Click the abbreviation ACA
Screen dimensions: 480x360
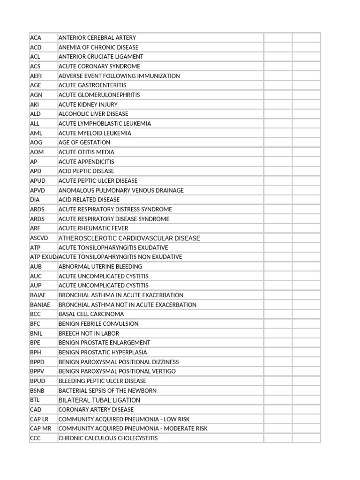(36, 37)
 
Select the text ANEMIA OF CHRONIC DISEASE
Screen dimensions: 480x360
(98, 47)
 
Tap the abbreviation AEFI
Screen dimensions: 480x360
(36, 76)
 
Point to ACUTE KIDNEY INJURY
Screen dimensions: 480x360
(88, 105)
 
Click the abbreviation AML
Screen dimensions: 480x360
(36, 133)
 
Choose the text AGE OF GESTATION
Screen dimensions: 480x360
(84, 142)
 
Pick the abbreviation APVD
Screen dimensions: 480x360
(37, 190)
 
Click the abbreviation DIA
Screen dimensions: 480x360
(35, 200)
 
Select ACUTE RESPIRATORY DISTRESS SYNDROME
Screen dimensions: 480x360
(115, 210)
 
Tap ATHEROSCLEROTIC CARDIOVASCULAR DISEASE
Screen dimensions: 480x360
(129, 238)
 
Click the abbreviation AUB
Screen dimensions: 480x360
(36, 267)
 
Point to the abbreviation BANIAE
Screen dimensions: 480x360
(40, 305)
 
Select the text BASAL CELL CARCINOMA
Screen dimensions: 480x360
(91, 314)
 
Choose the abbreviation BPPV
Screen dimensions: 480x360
(37, 371)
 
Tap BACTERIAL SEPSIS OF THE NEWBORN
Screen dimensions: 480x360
(108, 390)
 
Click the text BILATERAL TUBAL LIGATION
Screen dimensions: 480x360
(99, 400)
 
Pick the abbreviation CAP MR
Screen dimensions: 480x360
(41, 428)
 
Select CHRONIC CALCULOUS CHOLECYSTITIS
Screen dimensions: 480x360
(108, 438)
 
